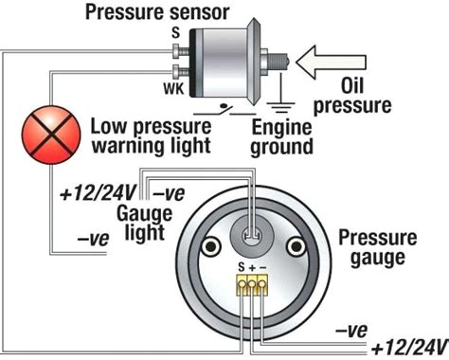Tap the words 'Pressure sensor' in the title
(x=158, y=13)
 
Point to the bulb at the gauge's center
(x=250, y=231)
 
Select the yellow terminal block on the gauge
(x=251, y=283)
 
